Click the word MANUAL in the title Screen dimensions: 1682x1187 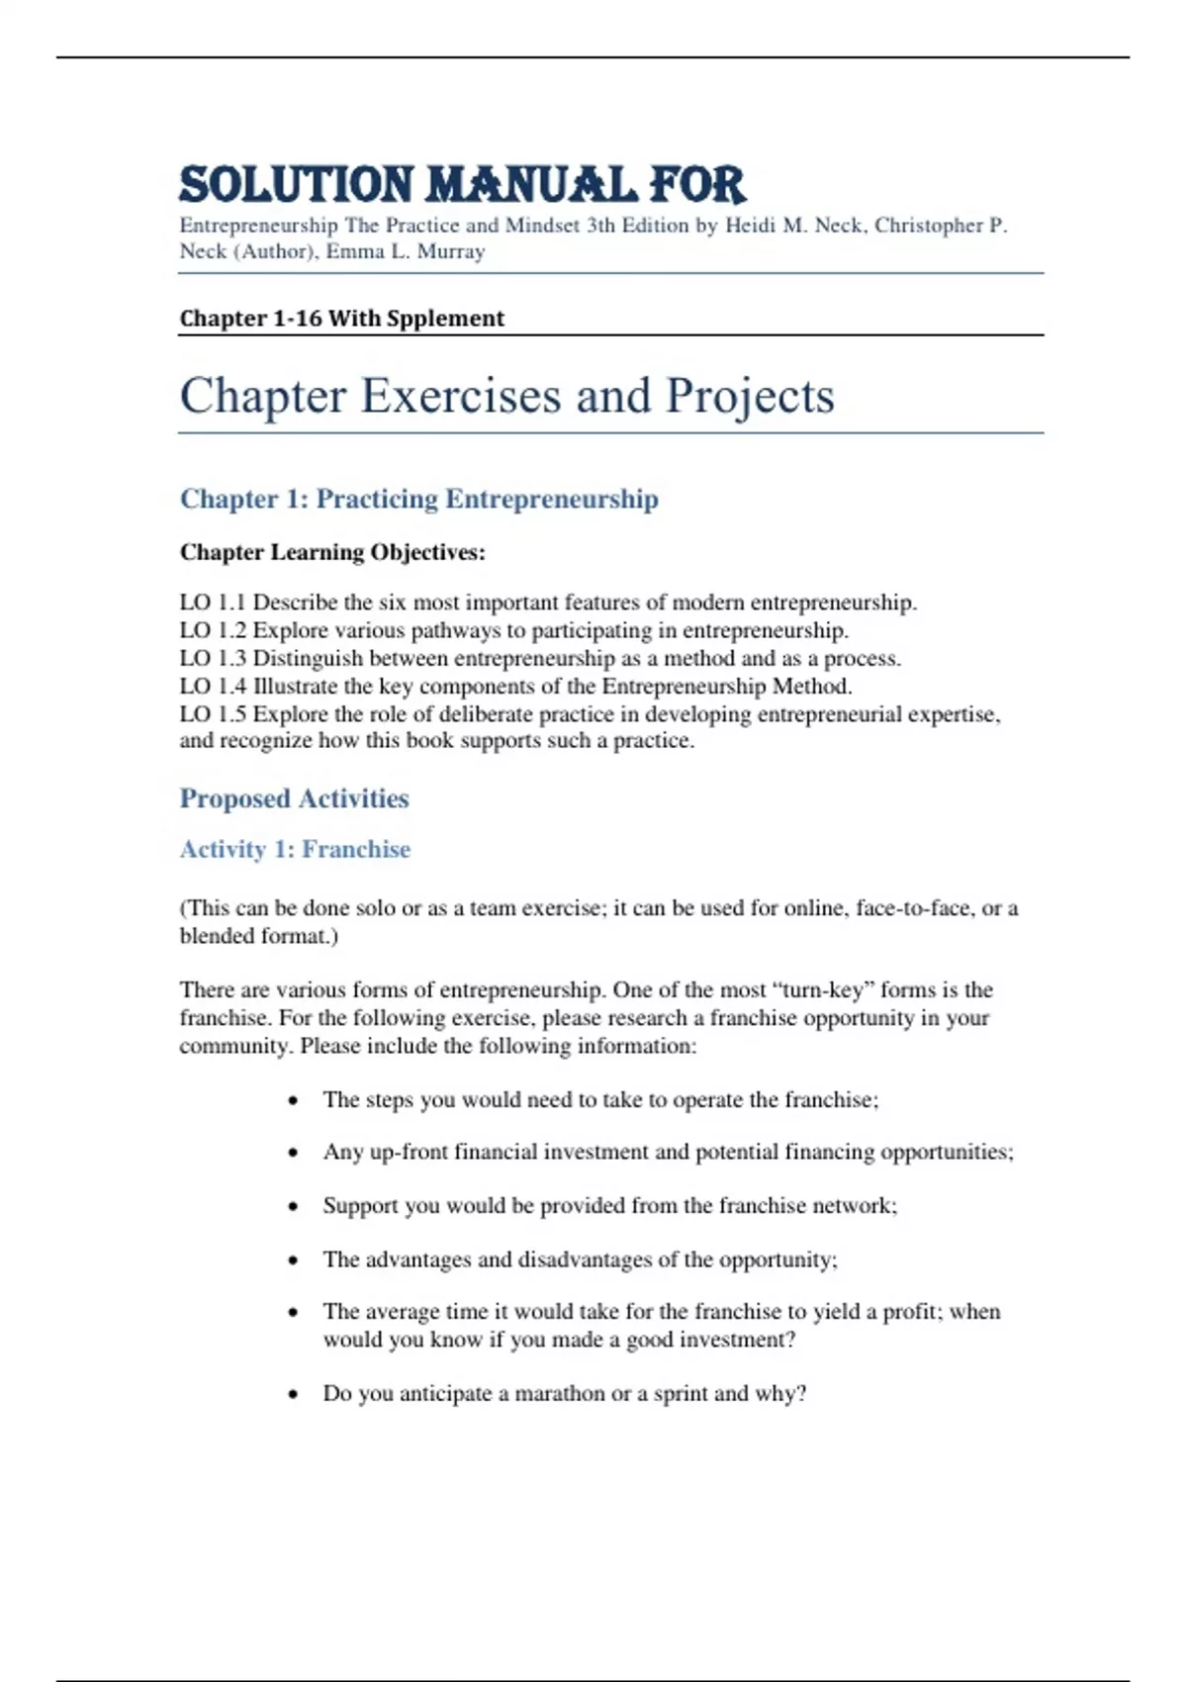(x=531, y=186)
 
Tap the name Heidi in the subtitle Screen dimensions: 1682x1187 (x=751, y=226)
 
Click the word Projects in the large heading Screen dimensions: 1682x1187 (x=750, y=396)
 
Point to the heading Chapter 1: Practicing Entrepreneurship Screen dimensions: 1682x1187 (x=418, y=499)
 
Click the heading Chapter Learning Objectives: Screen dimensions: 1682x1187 (x=332, y=552)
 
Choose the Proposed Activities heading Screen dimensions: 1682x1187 (x=294, y=798)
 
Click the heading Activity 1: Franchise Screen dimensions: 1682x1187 (x=295, y=849)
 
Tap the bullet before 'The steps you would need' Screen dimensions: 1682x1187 (x=293, y=1100)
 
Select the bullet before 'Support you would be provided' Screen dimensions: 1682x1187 (x=293, y=1206)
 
